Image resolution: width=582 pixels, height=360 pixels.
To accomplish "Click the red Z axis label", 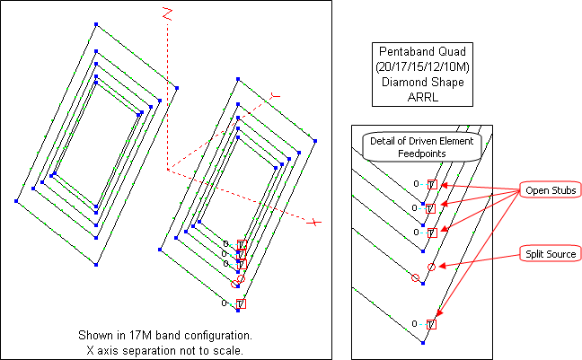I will tap(166, 13).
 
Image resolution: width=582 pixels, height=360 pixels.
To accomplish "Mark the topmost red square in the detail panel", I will tap(432, 184).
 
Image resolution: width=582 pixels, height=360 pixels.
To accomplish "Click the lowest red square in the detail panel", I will tap(432, 324).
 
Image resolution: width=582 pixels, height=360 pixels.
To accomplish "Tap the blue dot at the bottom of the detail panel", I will tap(422, 344).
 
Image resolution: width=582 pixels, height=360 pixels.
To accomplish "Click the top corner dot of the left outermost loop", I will tap(96, 24).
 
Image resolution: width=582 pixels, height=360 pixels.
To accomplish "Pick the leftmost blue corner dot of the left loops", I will tap(16, 200).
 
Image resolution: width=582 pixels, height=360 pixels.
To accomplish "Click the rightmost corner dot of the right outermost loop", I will tap(315, 139).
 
